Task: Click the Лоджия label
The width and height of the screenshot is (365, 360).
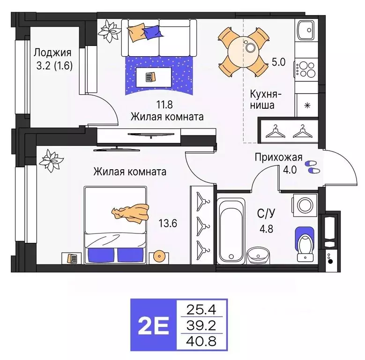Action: [x=52, y=52]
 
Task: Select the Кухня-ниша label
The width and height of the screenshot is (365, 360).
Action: [x=261, y=98]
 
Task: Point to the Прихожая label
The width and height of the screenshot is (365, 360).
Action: [x=278, y=157]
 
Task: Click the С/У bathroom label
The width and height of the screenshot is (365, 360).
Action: [x=266, y=214]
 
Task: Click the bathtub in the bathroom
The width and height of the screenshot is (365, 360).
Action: [x=231, y=229]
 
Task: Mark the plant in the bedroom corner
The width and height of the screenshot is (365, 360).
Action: [x=49, y=160]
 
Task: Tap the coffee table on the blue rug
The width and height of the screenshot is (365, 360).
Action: [x=149, y=76]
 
